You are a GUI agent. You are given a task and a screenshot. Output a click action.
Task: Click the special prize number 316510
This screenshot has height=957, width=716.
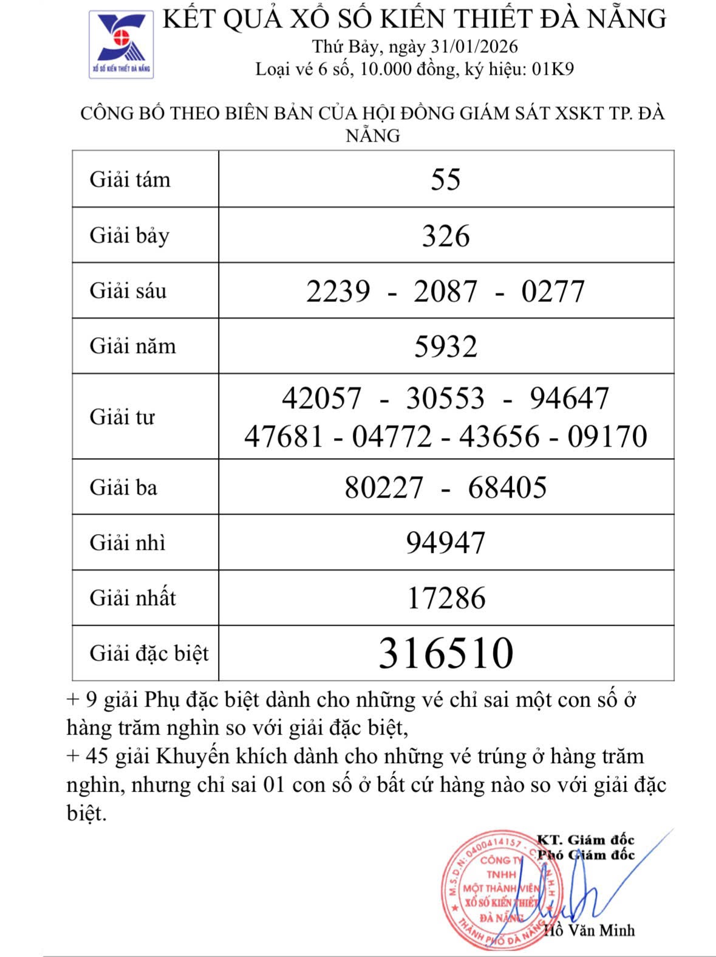click(x=446, y=653)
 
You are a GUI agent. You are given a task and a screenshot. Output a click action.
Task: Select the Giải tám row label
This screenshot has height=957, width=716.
click(x=130, y=180)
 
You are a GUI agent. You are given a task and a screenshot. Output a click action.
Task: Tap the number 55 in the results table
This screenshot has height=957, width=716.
click(x=446, y=180)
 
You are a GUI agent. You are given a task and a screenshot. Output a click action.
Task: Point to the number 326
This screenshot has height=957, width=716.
click(x=446, y=236)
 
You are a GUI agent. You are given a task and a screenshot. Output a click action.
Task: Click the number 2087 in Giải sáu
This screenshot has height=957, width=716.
click(x=446, y=291)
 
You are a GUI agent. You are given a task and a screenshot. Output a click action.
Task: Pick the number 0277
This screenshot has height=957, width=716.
click(x=553, y=291)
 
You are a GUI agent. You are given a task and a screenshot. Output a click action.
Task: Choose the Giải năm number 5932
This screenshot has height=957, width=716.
click(x=446, y=346)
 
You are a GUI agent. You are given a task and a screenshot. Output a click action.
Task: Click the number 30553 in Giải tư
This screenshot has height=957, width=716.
click(x=445, y=399)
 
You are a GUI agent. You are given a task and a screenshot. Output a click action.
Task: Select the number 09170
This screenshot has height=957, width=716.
click(x=607, y=436)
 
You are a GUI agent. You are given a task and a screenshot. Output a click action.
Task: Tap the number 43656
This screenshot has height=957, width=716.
click(x=499, y=436)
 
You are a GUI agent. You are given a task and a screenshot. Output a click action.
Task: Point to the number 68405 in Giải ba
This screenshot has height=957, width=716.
click(x=507, y=487)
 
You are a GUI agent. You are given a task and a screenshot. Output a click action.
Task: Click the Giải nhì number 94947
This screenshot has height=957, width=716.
click(x=446, y=543)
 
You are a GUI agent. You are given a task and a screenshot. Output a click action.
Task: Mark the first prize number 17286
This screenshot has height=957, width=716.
click(x=446, y=598)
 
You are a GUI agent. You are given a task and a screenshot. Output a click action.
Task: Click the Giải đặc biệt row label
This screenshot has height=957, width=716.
click(x=149, y=654)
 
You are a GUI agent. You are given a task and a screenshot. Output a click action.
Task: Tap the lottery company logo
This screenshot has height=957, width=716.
click(x=121, y=44)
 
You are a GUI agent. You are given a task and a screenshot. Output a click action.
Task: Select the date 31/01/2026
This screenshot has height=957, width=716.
click(x=474, y=47)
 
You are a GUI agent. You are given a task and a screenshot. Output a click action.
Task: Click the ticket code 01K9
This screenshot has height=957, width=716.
click(x=553, y=69)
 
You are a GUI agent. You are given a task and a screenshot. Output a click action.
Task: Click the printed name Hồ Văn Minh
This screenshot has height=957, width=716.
click(x=588, y=930)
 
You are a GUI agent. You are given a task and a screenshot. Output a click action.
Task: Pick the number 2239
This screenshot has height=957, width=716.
click(x=338, y=291)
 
